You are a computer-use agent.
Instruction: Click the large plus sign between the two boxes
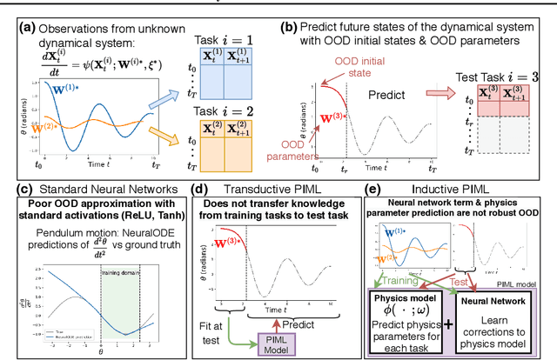(x=448, y=325)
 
